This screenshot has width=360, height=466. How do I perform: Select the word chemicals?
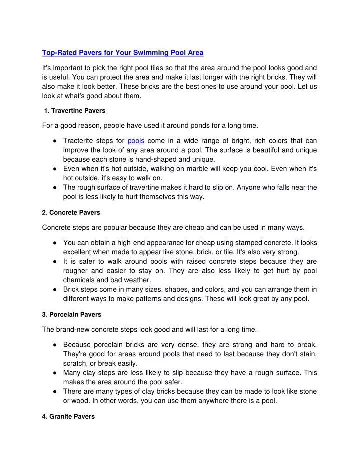click(80, 285)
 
